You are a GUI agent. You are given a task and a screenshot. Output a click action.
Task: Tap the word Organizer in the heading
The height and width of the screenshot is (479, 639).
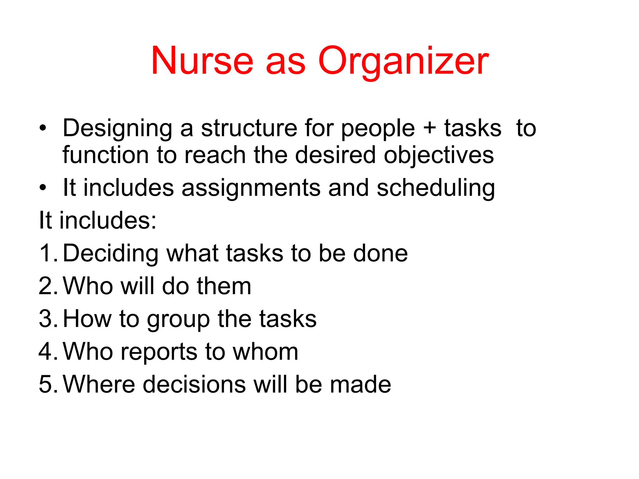403,62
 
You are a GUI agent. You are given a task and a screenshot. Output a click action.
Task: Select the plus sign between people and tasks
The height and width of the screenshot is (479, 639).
430,128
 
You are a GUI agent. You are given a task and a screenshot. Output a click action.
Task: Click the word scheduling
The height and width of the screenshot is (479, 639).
436,189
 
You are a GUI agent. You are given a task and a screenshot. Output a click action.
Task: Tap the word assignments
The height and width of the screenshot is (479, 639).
251,189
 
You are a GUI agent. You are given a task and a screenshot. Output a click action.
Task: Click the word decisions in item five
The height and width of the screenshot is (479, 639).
194,384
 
